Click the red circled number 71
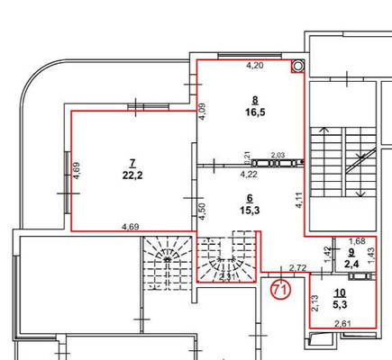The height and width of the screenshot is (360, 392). (x=279, y=290)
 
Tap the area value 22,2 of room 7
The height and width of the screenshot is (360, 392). (x=132, y=175)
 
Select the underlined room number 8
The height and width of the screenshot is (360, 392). (x=255, y=101)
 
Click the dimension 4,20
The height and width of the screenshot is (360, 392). (x=255, y=66)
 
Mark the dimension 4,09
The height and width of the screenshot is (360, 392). (x=203, y=112)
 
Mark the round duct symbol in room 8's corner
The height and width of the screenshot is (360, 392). (x=296, y=67)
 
